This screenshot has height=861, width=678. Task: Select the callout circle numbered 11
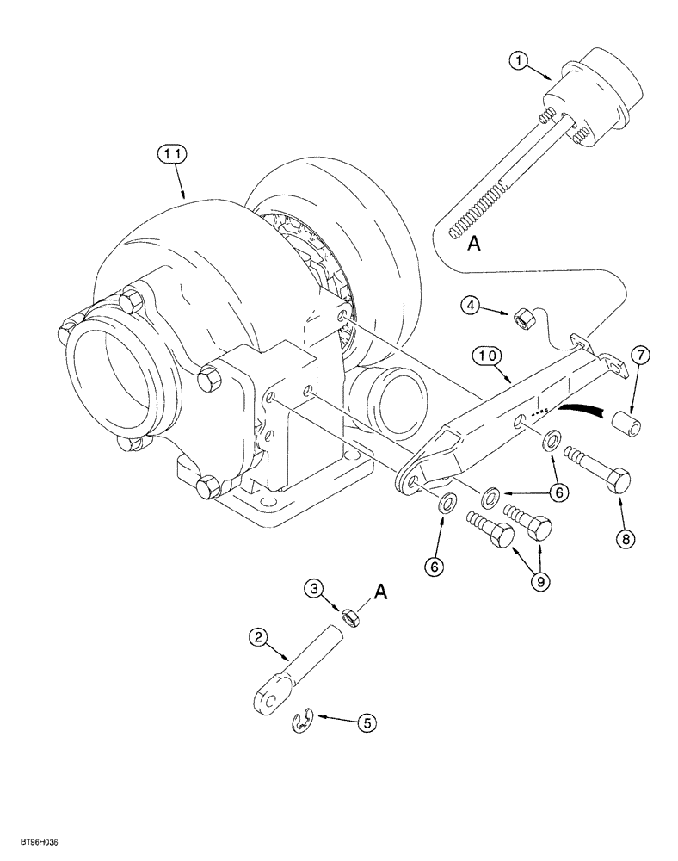169,155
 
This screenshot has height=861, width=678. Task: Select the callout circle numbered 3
316,588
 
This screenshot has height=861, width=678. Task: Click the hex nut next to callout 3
349,616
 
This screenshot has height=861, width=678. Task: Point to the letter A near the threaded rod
472,245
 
